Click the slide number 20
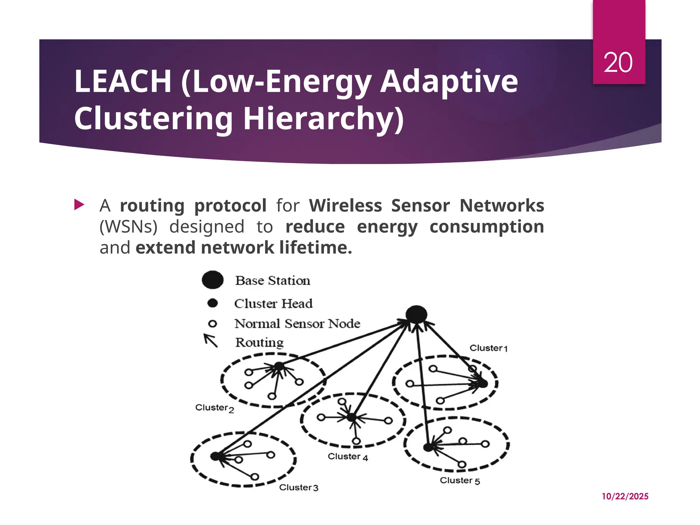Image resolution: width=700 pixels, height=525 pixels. [x=618, y=63]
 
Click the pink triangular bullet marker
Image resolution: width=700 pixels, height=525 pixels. [x=79, y=205]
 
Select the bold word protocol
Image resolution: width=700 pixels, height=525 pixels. [x=230, y=205]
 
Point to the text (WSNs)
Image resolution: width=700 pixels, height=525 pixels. [x=129, y=227]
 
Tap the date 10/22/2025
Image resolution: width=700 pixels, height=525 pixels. [x=625, y=496]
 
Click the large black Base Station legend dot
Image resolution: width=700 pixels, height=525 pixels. [x=213, y=280]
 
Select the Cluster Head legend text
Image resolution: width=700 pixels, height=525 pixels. [x=273, y=303]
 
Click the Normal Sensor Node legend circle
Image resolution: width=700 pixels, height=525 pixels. [x=213, y=323]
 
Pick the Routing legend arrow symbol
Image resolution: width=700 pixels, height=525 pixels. [x=211, y=340]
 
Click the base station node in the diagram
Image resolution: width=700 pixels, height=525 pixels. [x=416, y=314]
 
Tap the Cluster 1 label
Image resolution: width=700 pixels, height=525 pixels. [x=488, y=348]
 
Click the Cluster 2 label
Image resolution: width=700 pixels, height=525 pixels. [x=215, y=408]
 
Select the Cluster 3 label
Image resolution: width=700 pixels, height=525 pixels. [x=298, y=487]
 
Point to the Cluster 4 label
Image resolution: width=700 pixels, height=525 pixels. [x=348, y=457]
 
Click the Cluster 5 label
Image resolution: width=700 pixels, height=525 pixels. [x=460, y=481]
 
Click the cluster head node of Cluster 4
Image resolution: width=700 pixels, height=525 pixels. [x=351, y=417]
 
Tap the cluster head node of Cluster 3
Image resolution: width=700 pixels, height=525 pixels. [x=215, y=456]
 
